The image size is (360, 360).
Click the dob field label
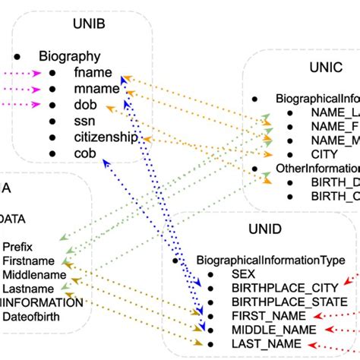pyautogui.click(x=85, y=105)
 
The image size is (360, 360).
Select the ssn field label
pyautogui.click(x=84, y=121)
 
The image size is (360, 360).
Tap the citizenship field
pyautogui.click(x=106, y=137)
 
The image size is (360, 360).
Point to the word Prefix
pyautogui.click(x=17, y=247)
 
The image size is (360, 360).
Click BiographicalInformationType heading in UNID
pyautogui.click(x=269, y=260)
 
